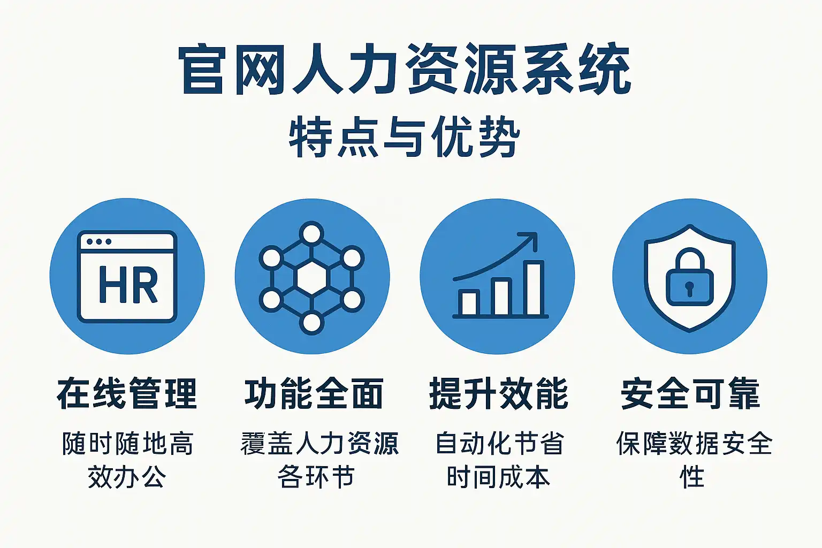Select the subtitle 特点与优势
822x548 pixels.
click(x=405, y=136)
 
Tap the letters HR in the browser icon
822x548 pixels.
click(x=128, y=285)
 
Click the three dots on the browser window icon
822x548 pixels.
click(x=98, y=241)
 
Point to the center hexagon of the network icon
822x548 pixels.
click(x=311, y=278)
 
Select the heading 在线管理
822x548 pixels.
click(x=127, y=393)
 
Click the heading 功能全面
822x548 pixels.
click(x=314, y=393)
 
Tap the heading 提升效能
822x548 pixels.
click(x=499, y=393)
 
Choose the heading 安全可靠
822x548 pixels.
click(x=690, y=393)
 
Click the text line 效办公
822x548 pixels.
click(x=127, y=477)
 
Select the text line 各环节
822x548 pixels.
click(x=316, y=477)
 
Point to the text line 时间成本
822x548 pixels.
click(x=499, y=477)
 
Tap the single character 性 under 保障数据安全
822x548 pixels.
click(x=692, y=477)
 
